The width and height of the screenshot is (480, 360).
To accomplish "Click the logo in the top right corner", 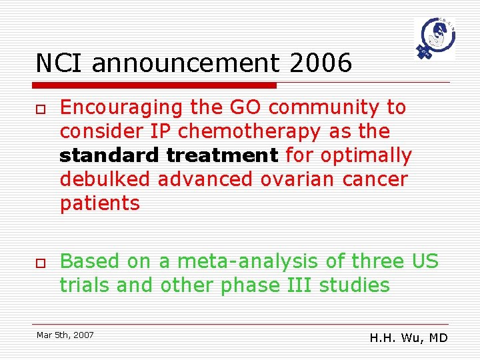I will tap(434, 39).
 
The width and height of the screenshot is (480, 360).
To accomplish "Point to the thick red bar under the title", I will tap(156, 85).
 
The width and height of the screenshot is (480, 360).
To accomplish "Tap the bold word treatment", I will tap(222, 155).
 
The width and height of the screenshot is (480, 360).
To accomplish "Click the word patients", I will tap(100, 203).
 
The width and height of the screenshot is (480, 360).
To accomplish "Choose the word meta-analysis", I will tap(263, 261).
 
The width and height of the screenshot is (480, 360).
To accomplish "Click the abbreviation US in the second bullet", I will tap(425, 261).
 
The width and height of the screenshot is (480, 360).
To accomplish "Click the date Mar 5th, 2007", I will tap(65, 335).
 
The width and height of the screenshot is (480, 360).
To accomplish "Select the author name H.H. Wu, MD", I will tap(409, 338).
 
